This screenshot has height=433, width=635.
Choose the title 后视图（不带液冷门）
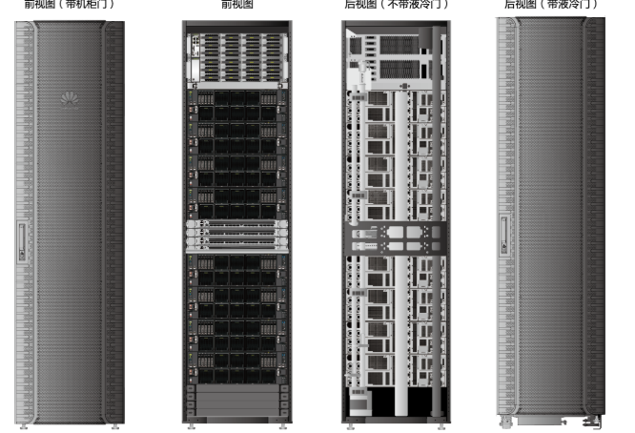click(396, 5)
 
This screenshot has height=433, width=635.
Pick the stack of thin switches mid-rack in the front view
click(237, 235)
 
